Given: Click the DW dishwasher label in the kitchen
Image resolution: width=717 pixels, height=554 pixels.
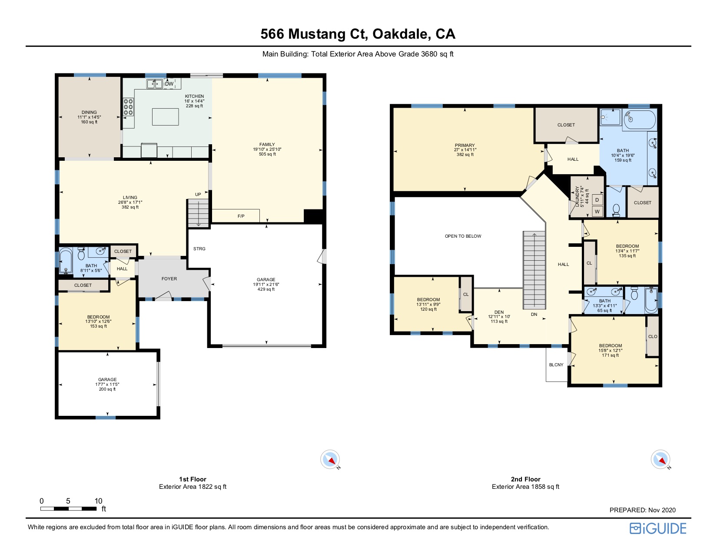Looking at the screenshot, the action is (169, 84).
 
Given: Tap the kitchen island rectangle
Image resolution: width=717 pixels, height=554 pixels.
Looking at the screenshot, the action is (165, 117).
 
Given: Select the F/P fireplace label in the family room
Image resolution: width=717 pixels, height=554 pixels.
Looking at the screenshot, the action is (241, 216).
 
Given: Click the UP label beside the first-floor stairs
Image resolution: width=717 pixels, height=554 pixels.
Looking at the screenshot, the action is (198, 194).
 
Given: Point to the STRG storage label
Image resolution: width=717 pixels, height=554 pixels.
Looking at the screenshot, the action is (199, 249).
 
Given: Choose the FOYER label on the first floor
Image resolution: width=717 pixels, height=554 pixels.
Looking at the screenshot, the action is (169, 279).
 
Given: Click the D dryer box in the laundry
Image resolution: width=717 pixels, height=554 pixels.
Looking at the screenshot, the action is (597, 200).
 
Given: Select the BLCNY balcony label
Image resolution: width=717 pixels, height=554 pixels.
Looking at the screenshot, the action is (556, 365).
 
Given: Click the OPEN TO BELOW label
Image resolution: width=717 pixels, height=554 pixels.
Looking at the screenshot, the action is (463, 236).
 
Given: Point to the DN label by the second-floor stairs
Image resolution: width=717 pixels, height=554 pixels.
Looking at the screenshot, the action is (534, 315).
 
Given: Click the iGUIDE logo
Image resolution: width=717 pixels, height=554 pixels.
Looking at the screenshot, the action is (658, 528).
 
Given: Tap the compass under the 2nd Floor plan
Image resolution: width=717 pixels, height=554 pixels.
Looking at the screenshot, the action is (661, 459).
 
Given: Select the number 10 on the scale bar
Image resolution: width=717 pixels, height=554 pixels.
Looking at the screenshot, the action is (98, 501).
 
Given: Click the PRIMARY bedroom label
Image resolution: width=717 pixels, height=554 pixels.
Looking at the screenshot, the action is (465, 145).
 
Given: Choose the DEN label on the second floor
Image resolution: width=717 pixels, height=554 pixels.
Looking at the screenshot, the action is (499, 312).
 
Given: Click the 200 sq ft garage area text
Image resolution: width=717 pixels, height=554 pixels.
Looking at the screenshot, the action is (107, 389).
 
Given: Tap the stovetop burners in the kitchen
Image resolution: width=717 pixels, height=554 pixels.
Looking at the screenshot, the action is (128, 107).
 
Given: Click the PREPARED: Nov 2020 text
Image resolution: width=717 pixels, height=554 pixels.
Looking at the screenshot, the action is (642, 510).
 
